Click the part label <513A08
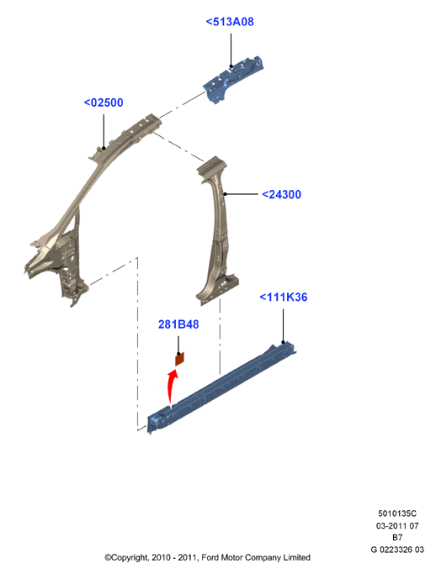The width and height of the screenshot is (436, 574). tap(230, 22)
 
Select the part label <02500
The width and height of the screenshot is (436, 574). tap(104, 103)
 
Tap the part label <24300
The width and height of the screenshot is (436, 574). tap(281, 194)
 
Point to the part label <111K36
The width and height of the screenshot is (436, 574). tap(283, 297)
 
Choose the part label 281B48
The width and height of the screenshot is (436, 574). tap(178, 324)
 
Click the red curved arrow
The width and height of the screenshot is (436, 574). tap(170, 387)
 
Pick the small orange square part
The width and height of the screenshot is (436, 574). tap(179, 359)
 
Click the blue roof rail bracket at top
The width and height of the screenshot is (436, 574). tap(233, 78)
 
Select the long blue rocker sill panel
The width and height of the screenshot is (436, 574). tap(221, 388)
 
